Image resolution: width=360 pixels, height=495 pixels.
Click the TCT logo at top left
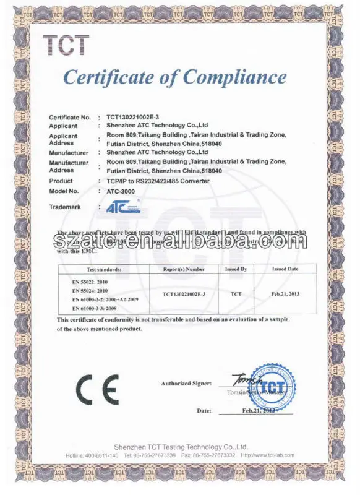click(66, 45)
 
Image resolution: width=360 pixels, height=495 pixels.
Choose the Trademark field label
click(65, 207)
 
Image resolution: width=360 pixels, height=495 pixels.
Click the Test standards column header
click(104, 270)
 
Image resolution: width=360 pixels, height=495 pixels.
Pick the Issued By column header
click(236, 270)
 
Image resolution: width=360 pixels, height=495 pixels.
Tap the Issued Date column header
click(285, 270)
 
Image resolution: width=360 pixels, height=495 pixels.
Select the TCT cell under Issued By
click(236, 294)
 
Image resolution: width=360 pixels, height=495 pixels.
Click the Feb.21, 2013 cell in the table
click(285, 294)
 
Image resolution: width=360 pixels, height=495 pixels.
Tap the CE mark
click(98, 390)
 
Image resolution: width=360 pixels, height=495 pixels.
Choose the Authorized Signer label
click(186, 384)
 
